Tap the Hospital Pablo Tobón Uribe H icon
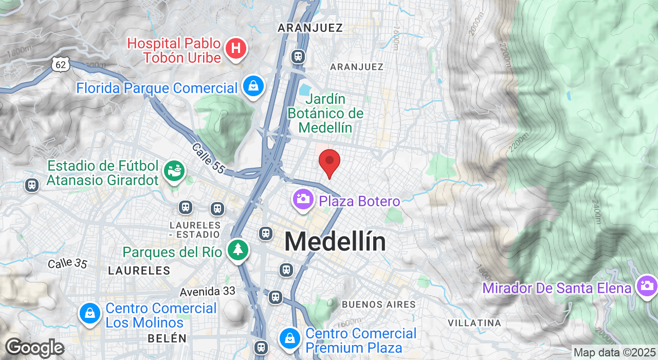pos(236,49)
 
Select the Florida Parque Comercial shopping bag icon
pos(253,86)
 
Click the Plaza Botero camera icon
pos(303,199)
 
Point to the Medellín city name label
pos(335,242)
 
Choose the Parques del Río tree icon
pos(237,250)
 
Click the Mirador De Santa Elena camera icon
pos(646,285)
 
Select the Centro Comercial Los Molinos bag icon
pos(89,313)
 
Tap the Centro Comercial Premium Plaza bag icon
pos(289,338)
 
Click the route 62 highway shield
pos(60,64)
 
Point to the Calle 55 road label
pos(208,158)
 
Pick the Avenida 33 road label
pos(208,292)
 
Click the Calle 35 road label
pos(67,263)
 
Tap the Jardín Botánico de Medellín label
pos(325,113)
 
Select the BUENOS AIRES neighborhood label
pos(378,304)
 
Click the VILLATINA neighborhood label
pos(474,323)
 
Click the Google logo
pos(34,348)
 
